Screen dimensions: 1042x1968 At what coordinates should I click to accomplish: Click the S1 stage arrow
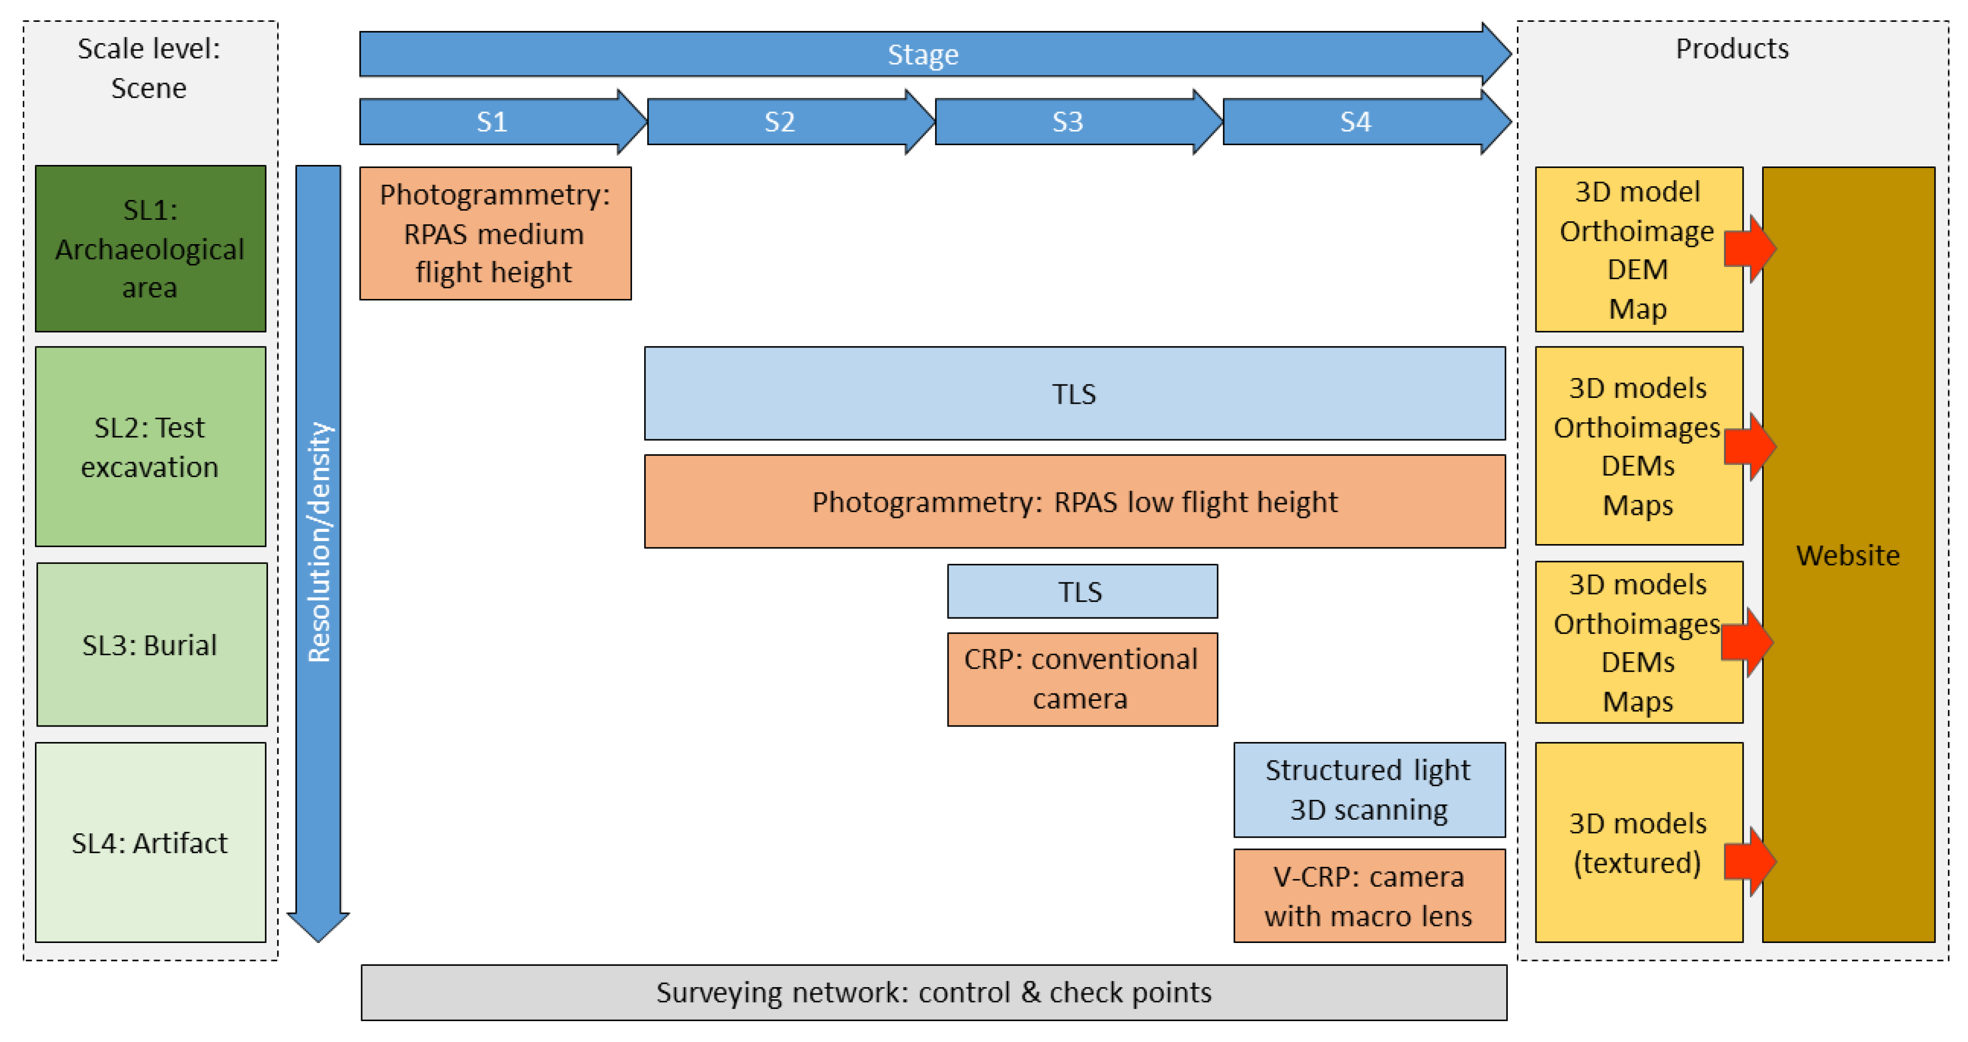493,121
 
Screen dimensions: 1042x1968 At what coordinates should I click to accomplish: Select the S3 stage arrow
1068,121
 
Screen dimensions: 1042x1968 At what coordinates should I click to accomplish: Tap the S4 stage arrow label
1355,121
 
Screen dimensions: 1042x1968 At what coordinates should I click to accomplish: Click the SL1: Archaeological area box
150,249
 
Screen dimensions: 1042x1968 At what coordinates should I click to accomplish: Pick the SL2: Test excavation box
150,447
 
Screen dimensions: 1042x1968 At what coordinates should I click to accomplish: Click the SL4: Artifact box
150,843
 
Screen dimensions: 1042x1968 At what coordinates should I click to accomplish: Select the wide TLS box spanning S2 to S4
1074,394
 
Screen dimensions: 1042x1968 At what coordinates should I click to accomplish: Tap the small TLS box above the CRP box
1082,591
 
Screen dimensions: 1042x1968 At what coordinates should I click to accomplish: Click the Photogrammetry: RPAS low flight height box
1074,502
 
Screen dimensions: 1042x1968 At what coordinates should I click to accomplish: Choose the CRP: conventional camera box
1082,679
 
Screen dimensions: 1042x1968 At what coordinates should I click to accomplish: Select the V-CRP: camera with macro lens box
1368,896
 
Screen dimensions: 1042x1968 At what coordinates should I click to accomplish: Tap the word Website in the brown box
1847,555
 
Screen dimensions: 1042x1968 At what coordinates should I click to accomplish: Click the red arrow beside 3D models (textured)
1750,862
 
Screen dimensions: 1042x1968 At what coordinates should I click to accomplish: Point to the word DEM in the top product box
1637,270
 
